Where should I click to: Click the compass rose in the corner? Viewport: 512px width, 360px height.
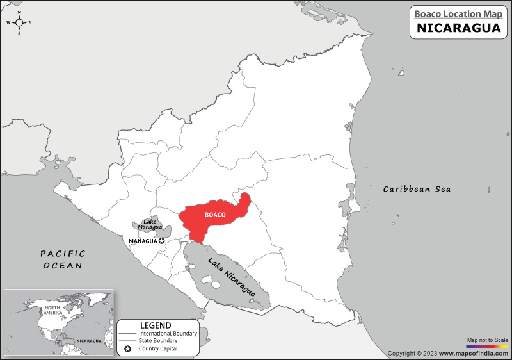pyautogui.click(x=19, y=22)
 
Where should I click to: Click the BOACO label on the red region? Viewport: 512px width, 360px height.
pyautogui.click(x=215, y=215)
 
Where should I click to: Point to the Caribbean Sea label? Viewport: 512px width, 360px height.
pyautogui.click(x=417, y=189)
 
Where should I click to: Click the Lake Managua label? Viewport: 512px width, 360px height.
pyautogui.click(x=150, y=225)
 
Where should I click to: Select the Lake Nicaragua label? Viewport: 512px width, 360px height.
pyautogui.click(x=232, y=277)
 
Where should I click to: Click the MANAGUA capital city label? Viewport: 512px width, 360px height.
pyautogui.click(x=143, y=241)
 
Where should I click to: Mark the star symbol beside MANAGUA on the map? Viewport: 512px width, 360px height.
pyautogui.click(x=162, y=241)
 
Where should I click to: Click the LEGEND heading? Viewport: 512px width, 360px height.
pyautogui.click(x=156, y=325)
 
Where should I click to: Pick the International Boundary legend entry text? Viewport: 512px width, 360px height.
pyautogui.click(x=168, y=334)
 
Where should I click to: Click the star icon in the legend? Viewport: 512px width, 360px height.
pyautogui.click(x=128, y=348)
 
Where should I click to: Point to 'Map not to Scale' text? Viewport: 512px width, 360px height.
pyautogui.click(x=487, y=339)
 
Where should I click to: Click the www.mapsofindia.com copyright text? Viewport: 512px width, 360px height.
pyautogui.click(x=448, y=353)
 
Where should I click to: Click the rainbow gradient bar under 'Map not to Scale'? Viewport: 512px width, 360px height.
pyautogui.click(x=487, y=346)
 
